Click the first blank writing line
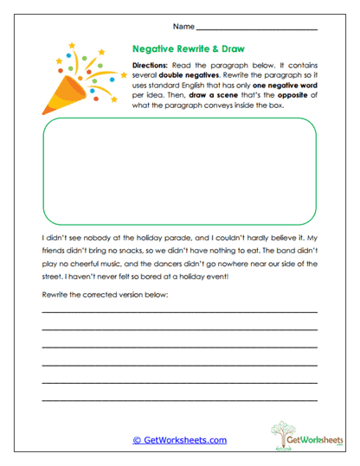179,312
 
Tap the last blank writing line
179,400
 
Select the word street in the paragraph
54,278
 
